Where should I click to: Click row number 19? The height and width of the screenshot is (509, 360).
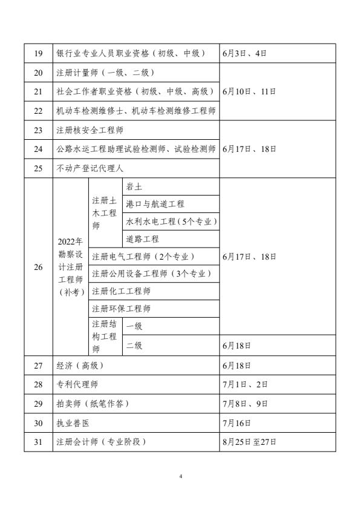38,53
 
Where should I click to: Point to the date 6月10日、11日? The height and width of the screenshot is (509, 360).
249,91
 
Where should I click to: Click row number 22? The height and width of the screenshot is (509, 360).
38,111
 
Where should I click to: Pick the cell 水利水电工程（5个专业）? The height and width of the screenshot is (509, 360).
171,222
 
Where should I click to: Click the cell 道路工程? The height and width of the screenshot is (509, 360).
142,239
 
